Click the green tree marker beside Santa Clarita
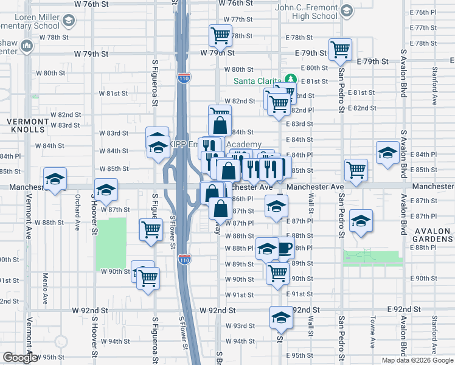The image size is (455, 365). pos(291,80)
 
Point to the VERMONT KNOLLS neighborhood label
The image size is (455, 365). pos(27,125)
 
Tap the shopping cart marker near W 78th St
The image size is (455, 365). pos(220,35)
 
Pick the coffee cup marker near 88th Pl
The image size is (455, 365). pos(284,248)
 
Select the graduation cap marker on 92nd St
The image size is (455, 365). pos(280,317)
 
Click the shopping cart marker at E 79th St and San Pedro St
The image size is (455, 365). pos(340,49)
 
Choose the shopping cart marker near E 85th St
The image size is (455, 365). pos(355,169)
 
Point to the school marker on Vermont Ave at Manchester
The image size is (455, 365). pos(55,180)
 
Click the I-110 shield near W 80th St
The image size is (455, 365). pos(183,78)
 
